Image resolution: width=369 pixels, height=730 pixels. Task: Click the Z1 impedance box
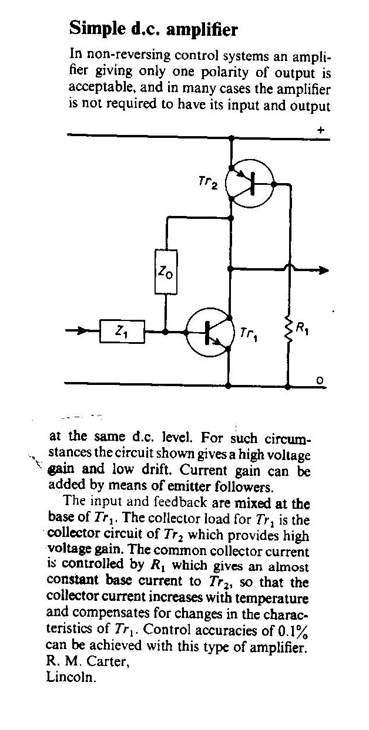point(122,332)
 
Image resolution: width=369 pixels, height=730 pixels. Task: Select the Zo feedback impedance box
point(166,272)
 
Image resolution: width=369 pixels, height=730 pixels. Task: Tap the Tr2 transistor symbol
point(250,184)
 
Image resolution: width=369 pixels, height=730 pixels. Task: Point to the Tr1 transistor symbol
point(210,332)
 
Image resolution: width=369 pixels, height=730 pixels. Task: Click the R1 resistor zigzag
point(289,328)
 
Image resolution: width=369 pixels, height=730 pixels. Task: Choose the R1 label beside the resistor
point(302,329)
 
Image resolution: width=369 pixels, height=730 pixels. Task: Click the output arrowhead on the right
point(324,270)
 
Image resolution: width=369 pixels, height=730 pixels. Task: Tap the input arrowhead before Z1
point(82,332)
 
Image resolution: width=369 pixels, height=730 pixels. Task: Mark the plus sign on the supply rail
point(321,130)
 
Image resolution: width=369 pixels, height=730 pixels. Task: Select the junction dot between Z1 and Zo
point(166,332)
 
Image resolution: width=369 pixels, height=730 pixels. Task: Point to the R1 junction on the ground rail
point(288,387)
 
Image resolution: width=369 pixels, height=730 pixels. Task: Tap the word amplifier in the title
point(202,30)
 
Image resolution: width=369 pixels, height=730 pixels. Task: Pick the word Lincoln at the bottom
point(71,677)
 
